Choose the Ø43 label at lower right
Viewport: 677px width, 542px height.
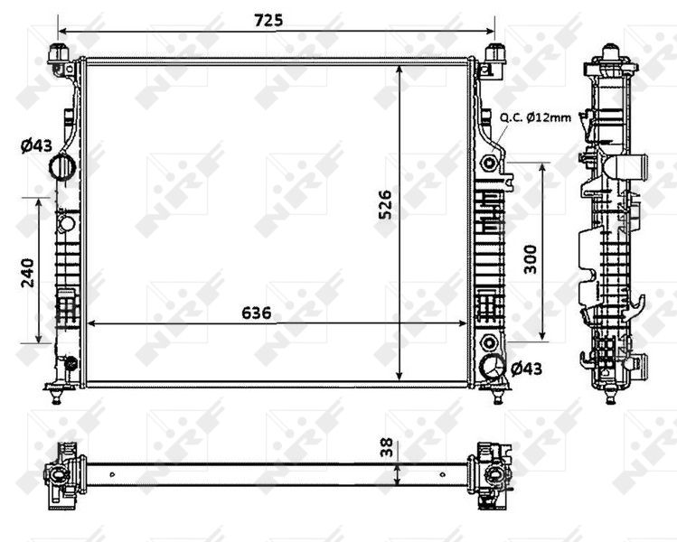[526, 368]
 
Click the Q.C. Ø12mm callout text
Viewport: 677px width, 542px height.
[535, 117]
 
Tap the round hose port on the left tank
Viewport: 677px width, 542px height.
[63, 166]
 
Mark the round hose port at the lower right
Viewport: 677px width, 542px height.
[493, 368]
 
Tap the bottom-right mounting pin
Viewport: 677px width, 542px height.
[496, 393]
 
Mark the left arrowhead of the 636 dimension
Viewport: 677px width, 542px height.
[88, 323]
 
